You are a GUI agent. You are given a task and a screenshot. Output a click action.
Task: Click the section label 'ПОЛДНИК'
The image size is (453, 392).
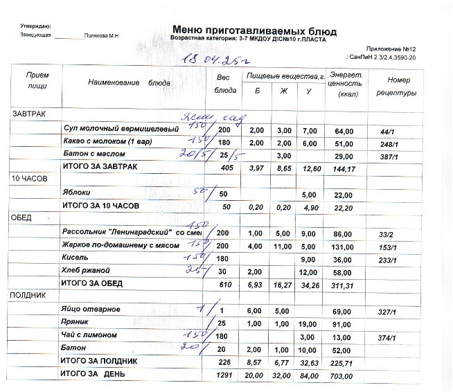coord(29,295)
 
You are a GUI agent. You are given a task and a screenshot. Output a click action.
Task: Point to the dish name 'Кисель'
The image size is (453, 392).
coord(75,257)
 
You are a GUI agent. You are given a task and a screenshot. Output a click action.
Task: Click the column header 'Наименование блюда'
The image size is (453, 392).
coord(129,82)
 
